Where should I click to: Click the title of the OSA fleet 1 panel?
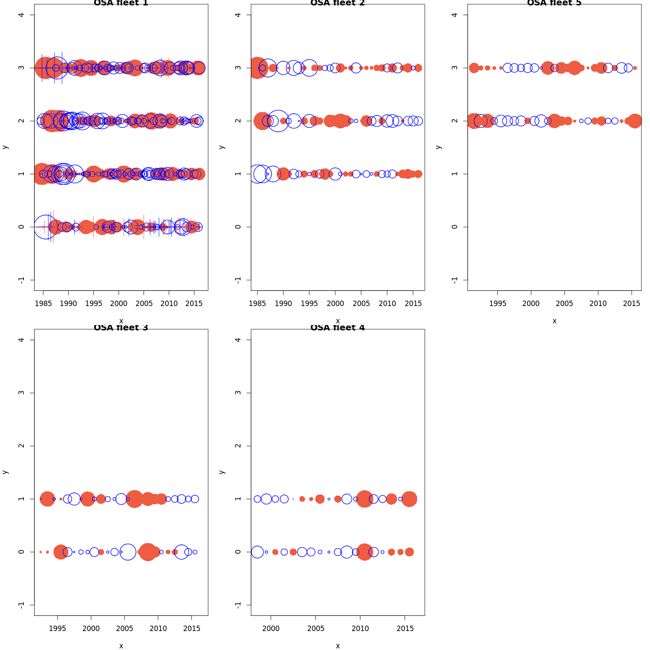[x=121, y=3]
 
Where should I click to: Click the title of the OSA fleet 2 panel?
[x=337, y=3]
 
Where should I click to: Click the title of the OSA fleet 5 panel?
[x=554, y=3]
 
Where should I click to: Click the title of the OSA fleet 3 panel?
[x=121, y=328]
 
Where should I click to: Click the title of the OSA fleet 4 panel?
[x=337, y=328]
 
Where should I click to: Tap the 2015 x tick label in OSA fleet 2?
[x=413, y=303]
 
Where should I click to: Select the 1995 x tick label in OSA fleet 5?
[x=497, y=303]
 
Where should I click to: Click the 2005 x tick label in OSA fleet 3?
[x=125, y=628]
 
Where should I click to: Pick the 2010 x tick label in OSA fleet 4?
[x=360, y=628]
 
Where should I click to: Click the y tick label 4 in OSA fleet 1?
[x=21, y=15]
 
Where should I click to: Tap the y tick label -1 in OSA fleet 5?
[x=454, y=279]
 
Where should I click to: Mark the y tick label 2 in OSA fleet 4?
[x=238, y=446]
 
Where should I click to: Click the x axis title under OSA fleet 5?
[x=554, y=321]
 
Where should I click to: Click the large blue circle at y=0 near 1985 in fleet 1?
[x=46, y=227]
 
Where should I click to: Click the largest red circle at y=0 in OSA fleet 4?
[x=365, y=552]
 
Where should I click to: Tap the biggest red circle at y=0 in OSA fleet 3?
[x=147, y=552]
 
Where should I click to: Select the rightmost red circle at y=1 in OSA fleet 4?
[x=409, y=499]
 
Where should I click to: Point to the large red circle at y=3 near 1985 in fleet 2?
[x=257, y=68]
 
